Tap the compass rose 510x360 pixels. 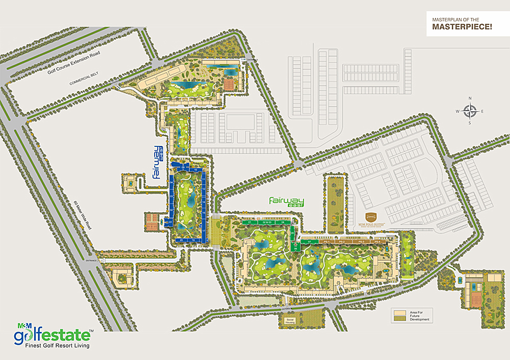[470, 111]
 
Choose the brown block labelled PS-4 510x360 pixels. [378, 241]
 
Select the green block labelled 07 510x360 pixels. [310, 241]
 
